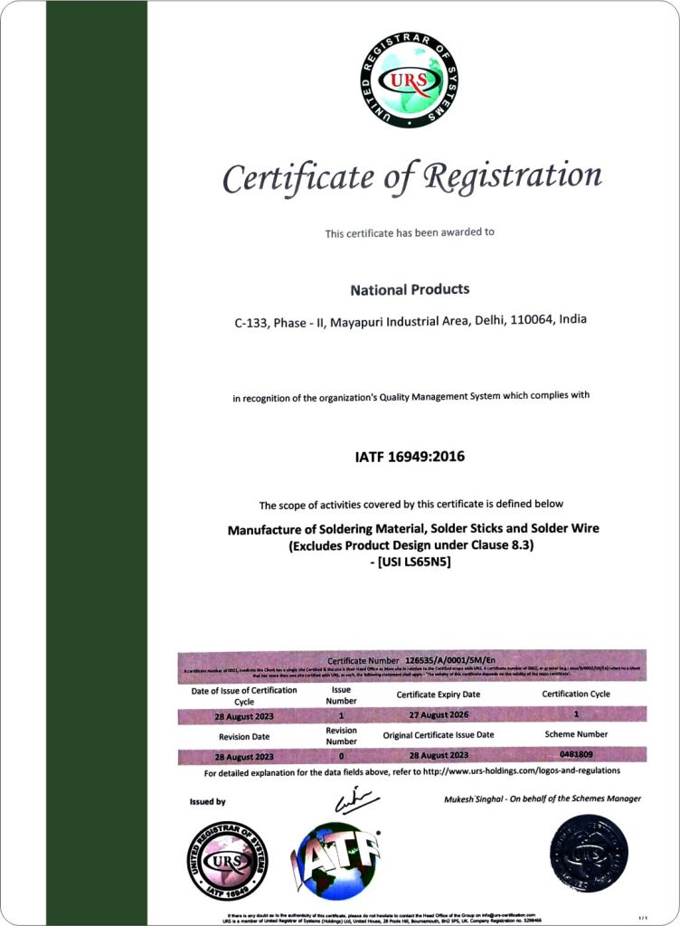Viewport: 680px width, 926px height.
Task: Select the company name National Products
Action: (410, 289)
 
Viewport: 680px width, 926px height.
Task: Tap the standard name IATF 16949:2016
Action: (410, 457)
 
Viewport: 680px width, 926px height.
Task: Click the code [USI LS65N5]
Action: (411, 562)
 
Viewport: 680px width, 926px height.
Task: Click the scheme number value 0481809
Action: (576, 753)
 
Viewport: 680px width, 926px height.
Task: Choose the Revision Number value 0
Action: (341, 754)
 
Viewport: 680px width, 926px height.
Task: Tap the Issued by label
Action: (208, 801)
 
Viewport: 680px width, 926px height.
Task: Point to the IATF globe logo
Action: (335, 860)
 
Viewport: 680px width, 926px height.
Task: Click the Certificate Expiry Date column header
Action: (439, 694)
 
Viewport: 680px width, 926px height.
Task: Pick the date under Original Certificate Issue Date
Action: (439, 754)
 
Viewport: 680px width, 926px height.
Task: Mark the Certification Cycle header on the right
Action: (576, 694)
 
